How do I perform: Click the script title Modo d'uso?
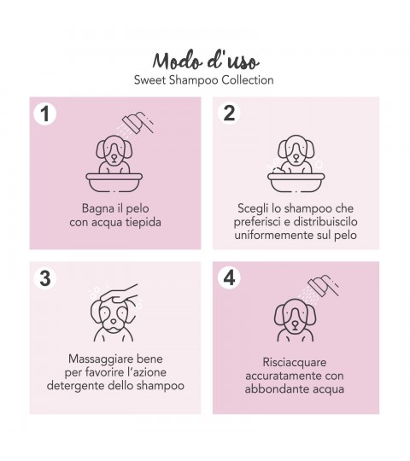[x=206, y=61]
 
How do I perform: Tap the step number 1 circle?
[x=45, y=114]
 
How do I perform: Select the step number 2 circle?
[x=229, y=113]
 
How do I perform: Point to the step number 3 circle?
[x=45, y=277]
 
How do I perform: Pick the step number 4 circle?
[x=229, y=277]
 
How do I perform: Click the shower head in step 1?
[x=138, y=123]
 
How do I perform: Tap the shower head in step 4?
[x=323, y=286]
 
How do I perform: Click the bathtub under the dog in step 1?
[x=114, y=183]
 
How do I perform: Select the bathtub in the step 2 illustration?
[x=296, y=183]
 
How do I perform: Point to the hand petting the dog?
[x=119, y=294]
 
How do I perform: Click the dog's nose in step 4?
[x=295, y=324]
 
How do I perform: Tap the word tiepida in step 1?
[x=143, y=222]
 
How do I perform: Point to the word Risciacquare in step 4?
[x=295, y=363]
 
